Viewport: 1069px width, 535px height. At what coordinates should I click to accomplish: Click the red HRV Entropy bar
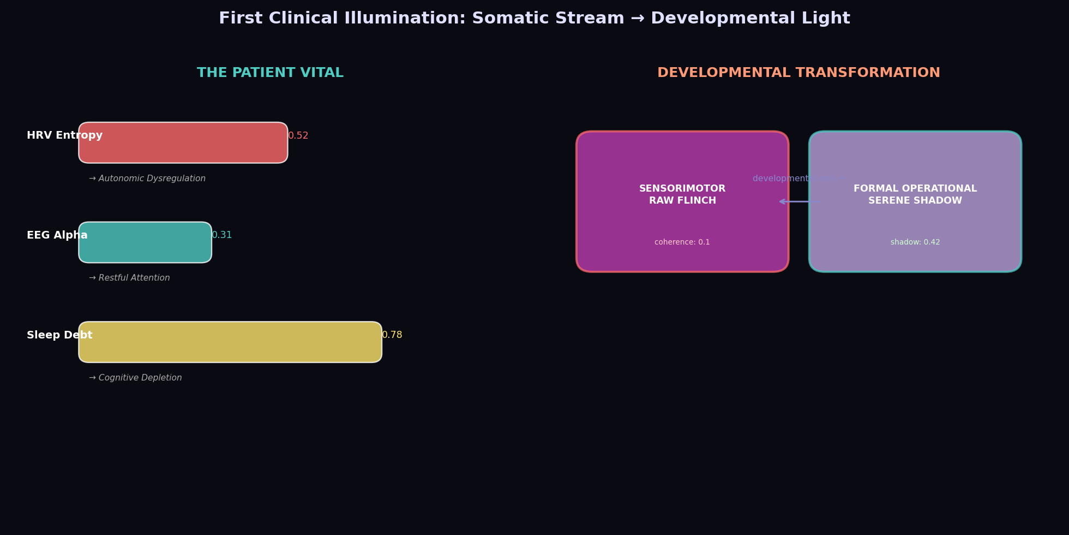(x=183, y=143)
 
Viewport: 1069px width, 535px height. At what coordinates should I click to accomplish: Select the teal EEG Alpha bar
(x=145, y=242)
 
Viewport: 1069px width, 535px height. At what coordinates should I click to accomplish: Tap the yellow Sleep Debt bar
(x=230, y=342)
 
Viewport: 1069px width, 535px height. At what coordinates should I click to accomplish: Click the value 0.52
(x=298, y=136)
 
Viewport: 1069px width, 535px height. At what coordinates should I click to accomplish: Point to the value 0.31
(x=222, y=235)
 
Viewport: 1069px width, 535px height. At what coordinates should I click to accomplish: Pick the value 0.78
(x=392, y=335)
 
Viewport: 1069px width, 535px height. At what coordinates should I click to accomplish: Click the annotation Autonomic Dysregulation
(x=147, y=179)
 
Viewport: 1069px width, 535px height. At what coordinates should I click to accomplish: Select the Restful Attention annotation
(x=129, y=278)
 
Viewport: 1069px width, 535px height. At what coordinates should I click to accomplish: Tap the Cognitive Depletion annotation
(x=135, y=378)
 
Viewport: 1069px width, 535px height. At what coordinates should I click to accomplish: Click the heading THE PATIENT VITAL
(x=270, y=73)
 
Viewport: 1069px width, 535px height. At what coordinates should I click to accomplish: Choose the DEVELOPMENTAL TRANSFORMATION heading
(x=798, y=73)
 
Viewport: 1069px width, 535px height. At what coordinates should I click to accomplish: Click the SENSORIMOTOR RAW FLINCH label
(x=682, y=195)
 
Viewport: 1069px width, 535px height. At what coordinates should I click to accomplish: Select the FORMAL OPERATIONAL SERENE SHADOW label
(x=915, y=195)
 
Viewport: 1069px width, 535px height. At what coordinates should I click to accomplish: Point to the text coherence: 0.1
(x=682, y=242)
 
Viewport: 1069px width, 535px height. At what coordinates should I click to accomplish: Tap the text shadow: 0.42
(x=915, y=242)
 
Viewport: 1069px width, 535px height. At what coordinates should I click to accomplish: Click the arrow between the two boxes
(x=799, y=201)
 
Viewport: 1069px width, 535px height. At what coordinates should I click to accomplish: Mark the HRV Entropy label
(x=64, y=136)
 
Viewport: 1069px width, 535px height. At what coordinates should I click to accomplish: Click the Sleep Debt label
(x=59, y=335)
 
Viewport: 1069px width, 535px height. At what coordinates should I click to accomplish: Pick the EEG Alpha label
(x=57, y=235)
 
